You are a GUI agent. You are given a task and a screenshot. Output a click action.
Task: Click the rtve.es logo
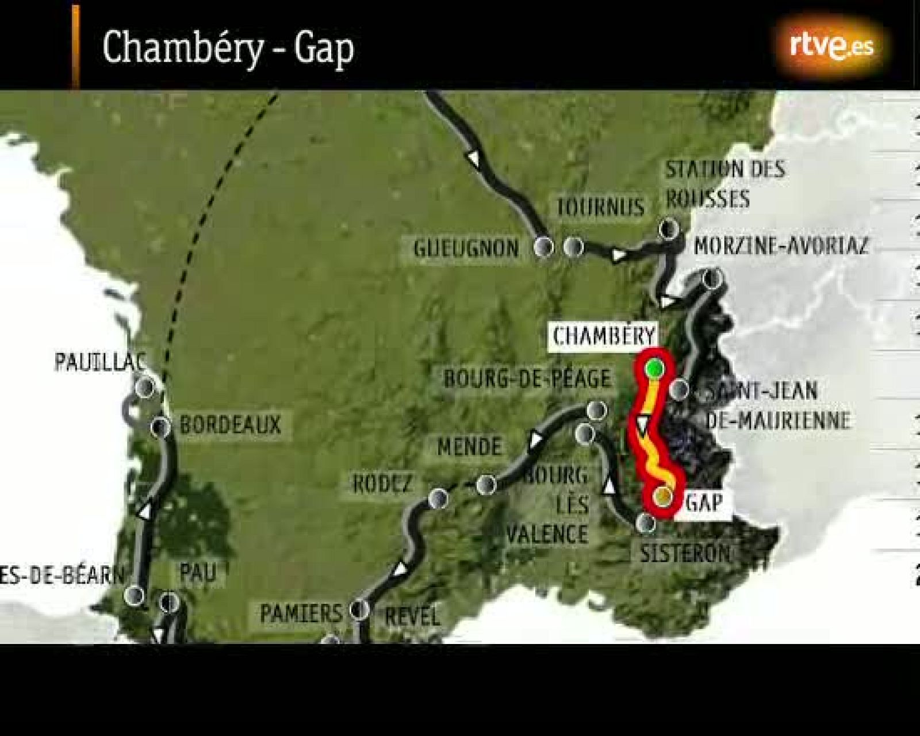[831, 47]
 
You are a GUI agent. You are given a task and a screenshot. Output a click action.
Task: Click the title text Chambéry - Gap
[228, 48]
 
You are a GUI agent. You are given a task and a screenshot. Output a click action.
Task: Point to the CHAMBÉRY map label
[604, 336]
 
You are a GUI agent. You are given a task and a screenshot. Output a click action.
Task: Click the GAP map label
[704, 503]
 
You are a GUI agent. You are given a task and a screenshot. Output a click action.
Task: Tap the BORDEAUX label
[230, 425]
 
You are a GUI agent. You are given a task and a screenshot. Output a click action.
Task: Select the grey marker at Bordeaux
[160, 427]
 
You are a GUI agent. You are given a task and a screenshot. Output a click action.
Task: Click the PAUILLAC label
[99, 362]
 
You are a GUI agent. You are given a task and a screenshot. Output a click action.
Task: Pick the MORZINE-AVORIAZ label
[781, 246]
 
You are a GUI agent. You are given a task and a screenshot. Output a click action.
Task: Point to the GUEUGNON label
[466, 248]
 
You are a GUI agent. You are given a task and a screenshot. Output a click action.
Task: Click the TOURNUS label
[600, 207]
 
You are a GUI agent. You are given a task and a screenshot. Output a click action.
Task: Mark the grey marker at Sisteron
[647, 523]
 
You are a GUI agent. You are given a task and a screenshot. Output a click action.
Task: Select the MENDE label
[469, 447]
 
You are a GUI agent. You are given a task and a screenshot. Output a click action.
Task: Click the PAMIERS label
[301, 614]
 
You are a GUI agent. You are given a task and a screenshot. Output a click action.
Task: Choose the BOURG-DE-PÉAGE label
[526, 379]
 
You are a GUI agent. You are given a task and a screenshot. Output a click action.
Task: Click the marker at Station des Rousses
[668, 229]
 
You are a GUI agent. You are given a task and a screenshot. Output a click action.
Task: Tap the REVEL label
[412, 616]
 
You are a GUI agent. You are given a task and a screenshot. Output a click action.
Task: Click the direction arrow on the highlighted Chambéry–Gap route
[642, 425]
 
